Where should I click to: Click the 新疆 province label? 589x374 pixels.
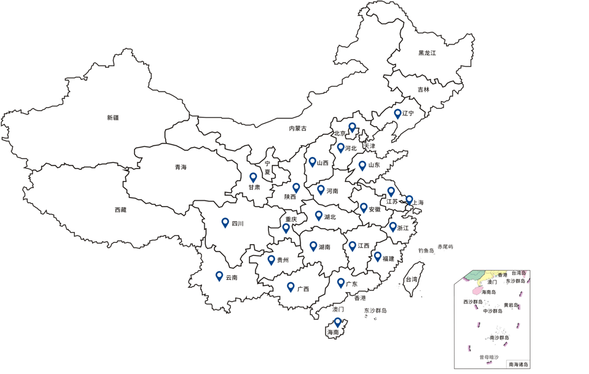[113, 118]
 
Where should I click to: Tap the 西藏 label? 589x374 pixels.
[120, 210]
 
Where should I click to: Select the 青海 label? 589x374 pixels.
[180, 167]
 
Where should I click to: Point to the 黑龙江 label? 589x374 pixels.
[427, 53]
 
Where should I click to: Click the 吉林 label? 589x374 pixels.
[423, 90]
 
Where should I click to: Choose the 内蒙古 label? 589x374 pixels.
[297, 129]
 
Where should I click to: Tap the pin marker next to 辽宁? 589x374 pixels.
[397, 114]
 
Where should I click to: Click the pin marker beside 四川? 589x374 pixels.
[225, 222]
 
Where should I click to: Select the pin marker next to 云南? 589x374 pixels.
[219, 276]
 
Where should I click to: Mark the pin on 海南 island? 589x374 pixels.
[338, 322]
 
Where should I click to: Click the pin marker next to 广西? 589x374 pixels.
[291, 287]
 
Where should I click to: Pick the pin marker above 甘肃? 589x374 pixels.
[253, 177]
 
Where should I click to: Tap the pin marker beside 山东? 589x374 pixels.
[362, 165]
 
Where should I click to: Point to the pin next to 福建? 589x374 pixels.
[377, 256]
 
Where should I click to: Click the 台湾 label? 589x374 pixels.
[411, 279]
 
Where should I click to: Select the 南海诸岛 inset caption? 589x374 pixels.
[518, 364]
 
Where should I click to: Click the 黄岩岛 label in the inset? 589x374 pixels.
[511, 305]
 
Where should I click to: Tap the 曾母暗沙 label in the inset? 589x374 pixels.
[488, 357]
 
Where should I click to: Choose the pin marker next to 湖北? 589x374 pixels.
[319, 215]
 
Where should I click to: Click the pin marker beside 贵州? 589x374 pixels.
[271, 259]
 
